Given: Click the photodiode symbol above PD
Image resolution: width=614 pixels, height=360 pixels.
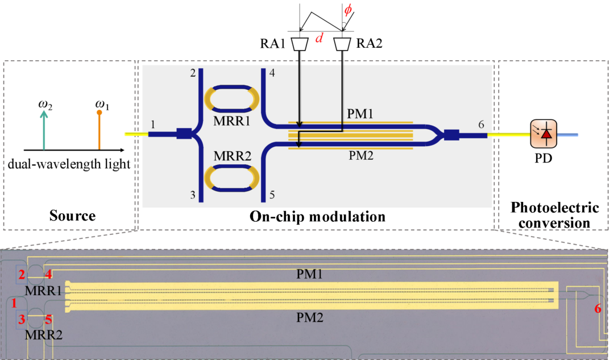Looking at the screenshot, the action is (x=544, y=134).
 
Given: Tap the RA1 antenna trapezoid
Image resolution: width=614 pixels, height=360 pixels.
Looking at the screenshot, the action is (x=300, y=44).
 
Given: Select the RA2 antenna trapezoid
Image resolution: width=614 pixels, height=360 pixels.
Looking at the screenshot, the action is (x=342, y=44).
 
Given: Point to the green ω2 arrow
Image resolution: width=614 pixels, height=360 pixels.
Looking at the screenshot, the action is (x=44, y=130).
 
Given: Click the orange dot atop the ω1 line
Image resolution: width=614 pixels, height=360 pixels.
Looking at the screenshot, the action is (x=99, y=113).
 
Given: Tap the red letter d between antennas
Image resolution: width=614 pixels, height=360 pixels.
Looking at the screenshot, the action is (x=320, y=38).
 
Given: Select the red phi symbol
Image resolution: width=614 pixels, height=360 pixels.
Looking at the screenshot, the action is (x=348, y=10).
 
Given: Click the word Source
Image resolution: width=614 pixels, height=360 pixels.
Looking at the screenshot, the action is (x=72, y=216).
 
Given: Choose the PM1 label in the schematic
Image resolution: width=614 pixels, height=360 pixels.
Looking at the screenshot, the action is (x=360, y=114).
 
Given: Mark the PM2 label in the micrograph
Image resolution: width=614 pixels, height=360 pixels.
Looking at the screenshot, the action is (x=310, y=317).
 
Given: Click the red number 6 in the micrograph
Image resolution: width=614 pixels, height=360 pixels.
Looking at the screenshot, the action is (x=598, y=309).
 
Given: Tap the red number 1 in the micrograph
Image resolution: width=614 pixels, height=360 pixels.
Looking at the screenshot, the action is (x=14, y=303).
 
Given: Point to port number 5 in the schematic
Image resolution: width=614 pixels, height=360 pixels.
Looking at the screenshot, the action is (x=272, y=195).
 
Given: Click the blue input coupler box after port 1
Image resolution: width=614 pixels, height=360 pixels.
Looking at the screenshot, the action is (x=184, y=134).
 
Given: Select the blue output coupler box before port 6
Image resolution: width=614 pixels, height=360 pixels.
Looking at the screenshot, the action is (x=451, y=135).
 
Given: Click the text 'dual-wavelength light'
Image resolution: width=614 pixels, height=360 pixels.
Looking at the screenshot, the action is (x=69, y=164).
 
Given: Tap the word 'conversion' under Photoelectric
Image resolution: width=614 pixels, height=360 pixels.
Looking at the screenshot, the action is (x=554, y=223).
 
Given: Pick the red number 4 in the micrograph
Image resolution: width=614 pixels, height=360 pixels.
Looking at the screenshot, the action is (x=48, y=274).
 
